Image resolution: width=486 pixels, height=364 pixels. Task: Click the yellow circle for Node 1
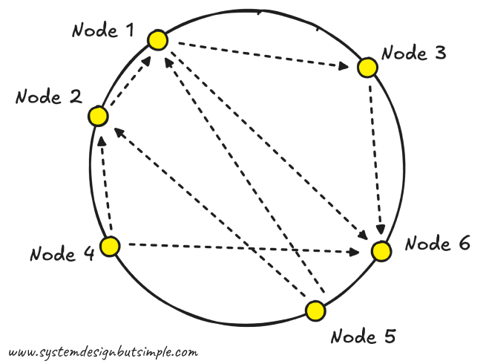pos(157,40)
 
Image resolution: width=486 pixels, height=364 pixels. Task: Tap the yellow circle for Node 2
pos(97,117)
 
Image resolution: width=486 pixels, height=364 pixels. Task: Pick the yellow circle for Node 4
pos(110,247)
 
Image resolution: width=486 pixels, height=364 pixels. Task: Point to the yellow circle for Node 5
pos(315,311)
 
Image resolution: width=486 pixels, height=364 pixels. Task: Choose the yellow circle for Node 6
pos(381,251)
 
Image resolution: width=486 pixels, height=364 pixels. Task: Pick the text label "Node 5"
pos(362,337)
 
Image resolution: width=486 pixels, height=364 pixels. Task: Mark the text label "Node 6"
pos(438,244)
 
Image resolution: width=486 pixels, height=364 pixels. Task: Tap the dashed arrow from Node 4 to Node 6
pos(237,248)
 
